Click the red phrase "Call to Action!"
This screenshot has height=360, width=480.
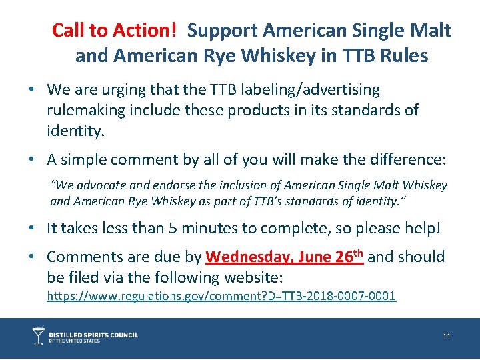pos(115,30)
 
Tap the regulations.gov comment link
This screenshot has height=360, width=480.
pos(221,295)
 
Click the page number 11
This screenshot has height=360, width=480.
pos(447,337)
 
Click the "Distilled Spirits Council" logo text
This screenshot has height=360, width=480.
pos(95,335)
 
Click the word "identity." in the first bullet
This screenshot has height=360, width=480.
pos(76,131)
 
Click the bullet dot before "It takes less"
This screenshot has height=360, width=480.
pos(33,228)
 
